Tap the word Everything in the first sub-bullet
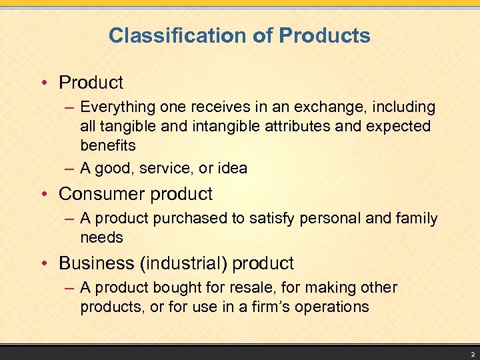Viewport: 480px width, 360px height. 116,107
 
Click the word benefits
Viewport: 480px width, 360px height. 107,145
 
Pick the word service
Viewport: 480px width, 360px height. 164,168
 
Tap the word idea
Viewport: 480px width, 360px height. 232,168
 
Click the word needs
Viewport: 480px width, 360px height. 101,237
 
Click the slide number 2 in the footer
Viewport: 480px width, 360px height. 471,355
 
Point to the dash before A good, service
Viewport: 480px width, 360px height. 70,168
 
